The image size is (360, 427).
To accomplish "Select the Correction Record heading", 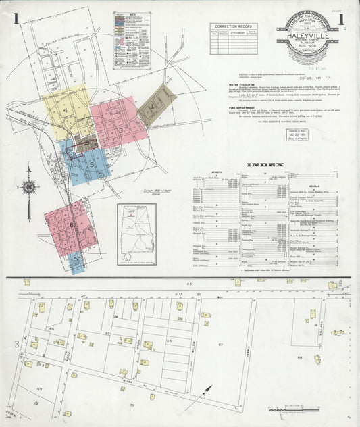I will (233, 27).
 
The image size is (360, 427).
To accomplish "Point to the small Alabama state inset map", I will (136, 233).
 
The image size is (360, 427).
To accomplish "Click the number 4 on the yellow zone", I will (66, 109).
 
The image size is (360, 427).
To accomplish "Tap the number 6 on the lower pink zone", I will (70, 226).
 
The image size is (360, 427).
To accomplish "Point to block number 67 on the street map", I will (220, 345).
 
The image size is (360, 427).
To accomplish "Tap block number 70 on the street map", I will (132, 405).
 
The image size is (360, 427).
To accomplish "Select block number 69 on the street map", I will (40, 390).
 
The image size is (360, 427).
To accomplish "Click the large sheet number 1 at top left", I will (15, 18).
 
